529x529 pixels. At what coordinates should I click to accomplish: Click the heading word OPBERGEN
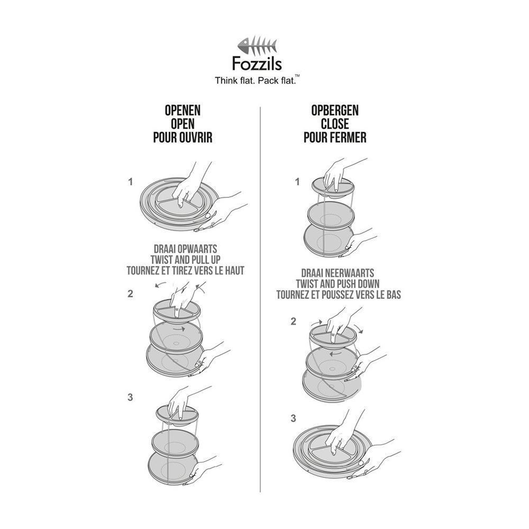[335, 111]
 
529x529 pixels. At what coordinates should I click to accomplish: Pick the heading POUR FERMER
[335, 138]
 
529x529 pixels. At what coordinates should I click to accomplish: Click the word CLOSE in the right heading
[335, 124]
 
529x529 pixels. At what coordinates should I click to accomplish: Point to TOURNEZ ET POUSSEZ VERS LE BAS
[339, 295]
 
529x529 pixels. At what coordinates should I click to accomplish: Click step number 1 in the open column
[130, 181]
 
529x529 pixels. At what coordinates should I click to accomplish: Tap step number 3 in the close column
[293, 418]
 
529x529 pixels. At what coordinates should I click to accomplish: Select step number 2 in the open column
[130, 294]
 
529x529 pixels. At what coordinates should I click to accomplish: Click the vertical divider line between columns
[261, 296]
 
